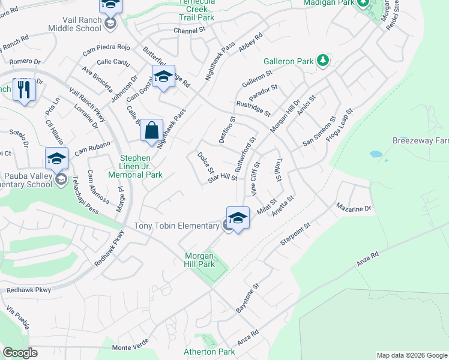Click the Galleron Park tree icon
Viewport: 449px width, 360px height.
[323, 60]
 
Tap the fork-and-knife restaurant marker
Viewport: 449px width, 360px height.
[24, 90]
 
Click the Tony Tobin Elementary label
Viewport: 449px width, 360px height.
[176, 226]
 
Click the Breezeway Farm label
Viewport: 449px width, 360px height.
[420, 141]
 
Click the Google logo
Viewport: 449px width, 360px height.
[20, 353]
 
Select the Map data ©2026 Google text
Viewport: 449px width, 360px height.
[411, 355]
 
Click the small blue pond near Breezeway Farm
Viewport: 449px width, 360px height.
[376, 154]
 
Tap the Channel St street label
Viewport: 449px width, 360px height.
[190, 30]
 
